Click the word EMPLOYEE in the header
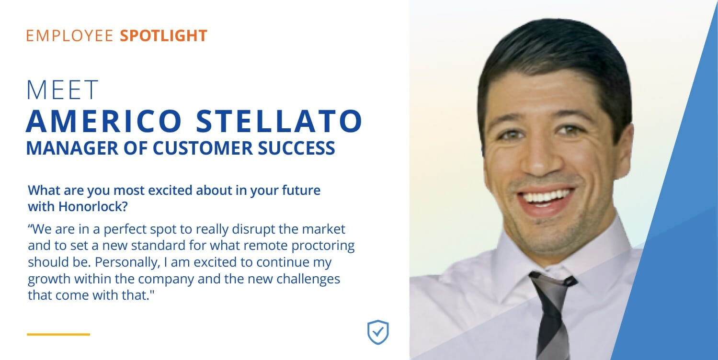69,35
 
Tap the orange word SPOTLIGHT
163,35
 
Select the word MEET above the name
62,90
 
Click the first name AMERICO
104,121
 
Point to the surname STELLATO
279,121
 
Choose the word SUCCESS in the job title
296,148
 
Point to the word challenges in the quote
308,279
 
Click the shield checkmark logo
378,332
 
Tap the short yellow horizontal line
58,334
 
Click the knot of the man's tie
552,282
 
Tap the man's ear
625,150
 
